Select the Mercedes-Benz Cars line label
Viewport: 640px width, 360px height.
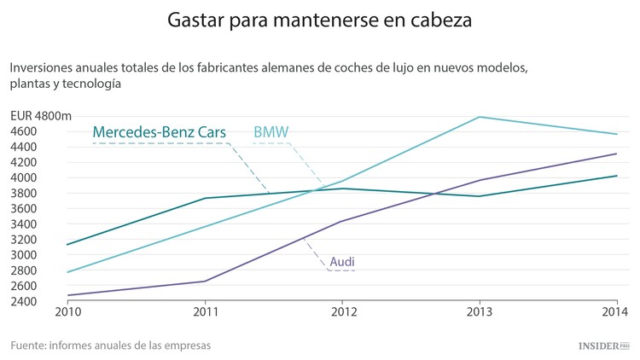coord(160,132)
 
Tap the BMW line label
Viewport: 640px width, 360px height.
coord(271,132)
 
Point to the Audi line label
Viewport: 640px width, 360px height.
coord(342,261)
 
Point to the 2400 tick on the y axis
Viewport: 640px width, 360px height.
coord(23,301)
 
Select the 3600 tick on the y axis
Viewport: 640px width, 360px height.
coord(23,208)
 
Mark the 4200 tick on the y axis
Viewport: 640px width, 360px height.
coord(23,162)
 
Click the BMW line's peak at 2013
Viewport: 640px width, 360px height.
coord(480,117)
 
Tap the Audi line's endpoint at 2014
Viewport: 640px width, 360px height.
coord(617,154)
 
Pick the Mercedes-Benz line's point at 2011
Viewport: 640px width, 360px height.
coord(205,198)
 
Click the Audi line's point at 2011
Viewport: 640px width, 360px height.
coord(205,281)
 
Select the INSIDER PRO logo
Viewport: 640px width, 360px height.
coord(597,346)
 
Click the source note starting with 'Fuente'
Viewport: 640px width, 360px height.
coord(111,345)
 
